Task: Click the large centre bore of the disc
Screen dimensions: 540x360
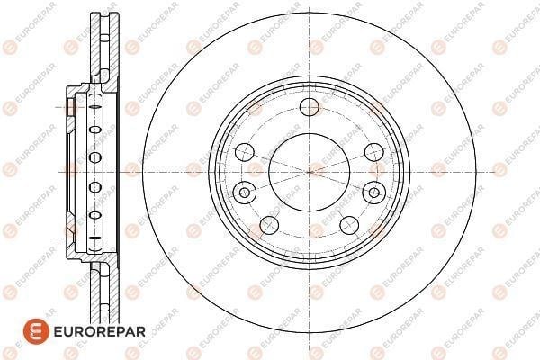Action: point(310,172)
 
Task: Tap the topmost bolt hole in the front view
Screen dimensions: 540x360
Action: point(310,107)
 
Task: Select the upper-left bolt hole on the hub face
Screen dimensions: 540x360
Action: point(245,151)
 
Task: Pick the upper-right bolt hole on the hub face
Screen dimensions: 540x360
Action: point(374,151)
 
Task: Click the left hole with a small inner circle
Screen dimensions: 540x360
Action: point(245,192)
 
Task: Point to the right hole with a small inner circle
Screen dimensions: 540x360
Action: point(374,192)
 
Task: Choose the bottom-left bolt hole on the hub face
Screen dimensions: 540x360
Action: point(269,225)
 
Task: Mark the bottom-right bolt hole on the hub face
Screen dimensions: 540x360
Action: point(349,225)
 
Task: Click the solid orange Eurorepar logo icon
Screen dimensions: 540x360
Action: point(36,331)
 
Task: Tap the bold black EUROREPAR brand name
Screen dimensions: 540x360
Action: point(100,331)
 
